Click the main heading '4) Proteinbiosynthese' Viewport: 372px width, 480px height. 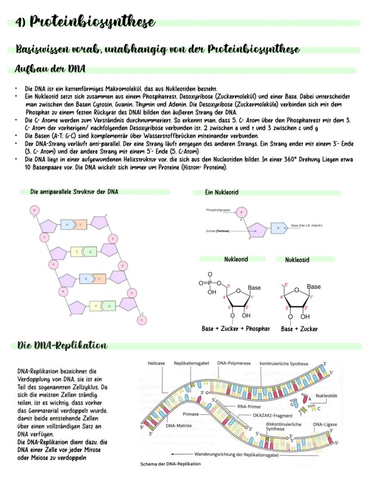(85, 22)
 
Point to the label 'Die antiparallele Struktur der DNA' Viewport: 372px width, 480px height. (74, 192)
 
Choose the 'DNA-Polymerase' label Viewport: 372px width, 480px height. (234, 363)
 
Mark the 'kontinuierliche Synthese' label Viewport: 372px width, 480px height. (284, 363)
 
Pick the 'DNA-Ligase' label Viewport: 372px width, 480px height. (325, 424)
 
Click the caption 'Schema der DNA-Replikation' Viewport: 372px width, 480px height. (171, 464)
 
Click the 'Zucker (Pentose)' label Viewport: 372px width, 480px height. (217, 231)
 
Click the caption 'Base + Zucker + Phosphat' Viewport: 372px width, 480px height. (235, 329)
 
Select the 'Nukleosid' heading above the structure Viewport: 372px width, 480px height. (297, 260)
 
